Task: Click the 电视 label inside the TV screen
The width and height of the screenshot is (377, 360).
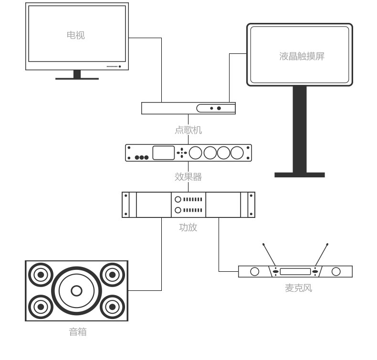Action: click(x=76, y=35)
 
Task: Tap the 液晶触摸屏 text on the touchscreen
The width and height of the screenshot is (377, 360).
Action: click(x=302, y=56)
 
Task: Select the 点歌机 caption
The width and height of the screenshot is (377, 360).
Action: click(x=188, y=129)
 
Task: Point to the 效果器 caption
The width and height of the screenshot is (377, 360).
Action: click(x=188, y=177)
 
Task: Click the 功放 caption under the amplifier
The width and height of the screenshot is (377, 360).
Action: click(x=188, y=227)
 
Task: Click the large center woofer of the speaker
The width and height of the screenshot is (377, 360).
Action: click(x=76, y=290)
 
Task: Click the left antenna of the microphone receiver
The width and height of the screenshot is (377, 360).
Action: click(x=269, y=256)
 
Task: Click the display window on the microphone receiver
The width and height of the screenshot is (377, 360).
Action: click(x=295, y=272)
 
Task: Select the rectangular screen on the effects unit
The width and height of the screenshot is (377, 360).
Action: click(x=164, y=153)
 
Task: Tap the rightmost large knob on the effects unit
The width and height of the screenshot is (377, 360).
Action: click(x=237, y=153)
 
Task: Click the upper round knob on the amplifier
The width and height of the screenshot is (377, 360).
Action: click(x=178, y=199)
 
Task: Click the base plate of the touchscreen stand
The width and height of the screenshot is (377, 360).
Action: click(x=299, y=175)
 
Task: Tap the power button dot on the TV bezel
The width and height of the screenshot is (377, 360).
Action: click(x=120, y=67)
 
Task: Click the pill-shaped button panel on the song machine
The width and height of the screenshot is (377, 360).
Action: click(x=216, y=108)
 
